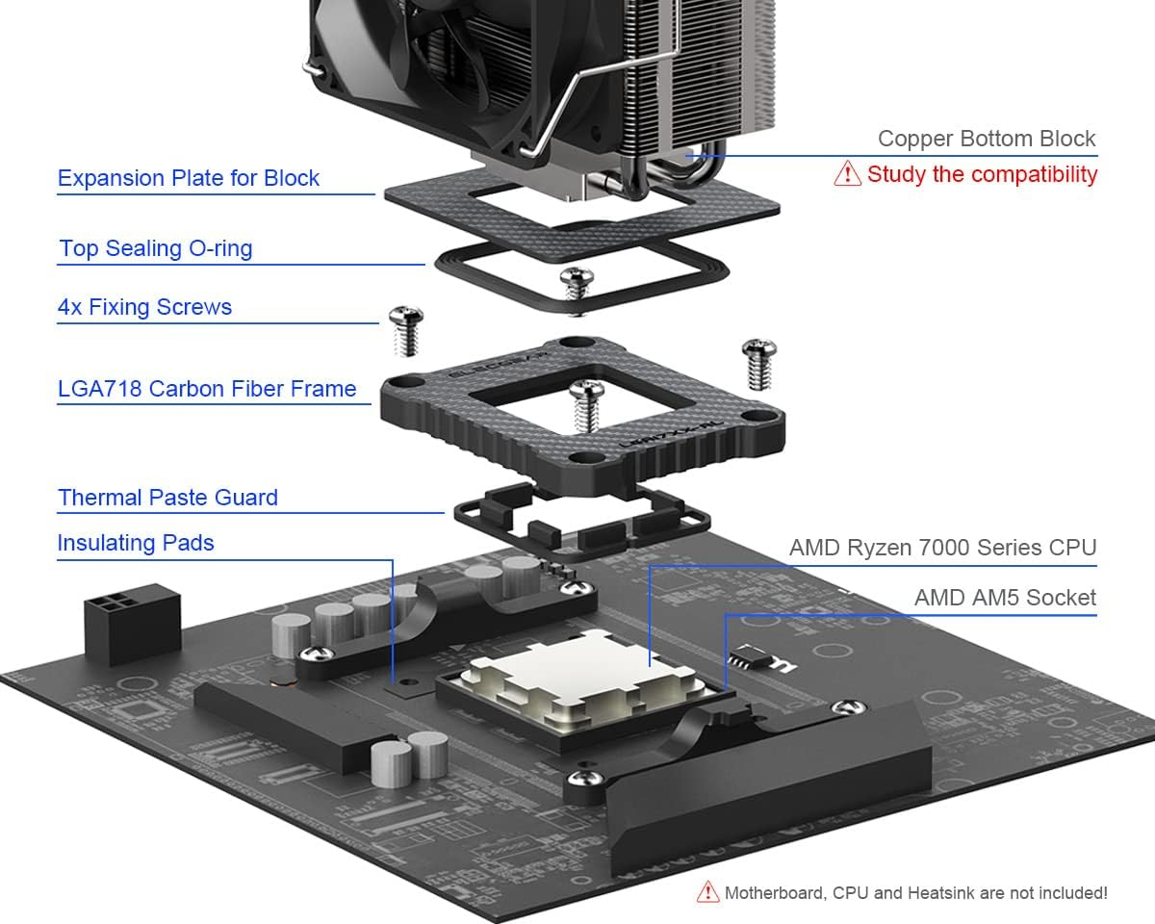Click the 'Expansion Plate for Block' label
coord(189,178)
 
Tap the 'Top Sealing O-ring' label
coord(156,248)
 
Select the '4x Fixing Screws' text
coord(144,308)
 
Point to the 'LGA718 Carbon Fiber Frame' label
coord(207,389)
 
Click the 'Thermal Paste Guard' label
coord(167,498)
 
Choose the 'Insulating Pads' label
coord(136,543)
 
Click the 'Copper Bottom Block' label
coord(987,139)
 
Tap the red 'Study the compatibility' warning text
coord(982,174)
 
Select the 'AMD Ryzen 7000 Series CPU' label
coord(942,548)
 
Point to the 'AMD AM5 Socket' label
coord(1005,598)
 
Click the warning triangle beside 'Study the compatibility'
coord(847,174)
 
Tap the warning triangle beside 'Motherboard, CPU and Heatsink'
coord(708,892)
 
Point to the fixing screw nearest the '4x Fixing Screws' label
coord(405,330)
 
